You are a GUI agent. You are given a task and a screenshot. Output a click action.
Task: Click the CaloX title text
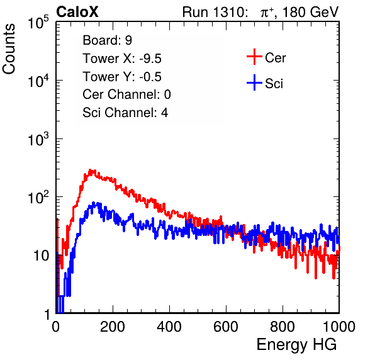77,12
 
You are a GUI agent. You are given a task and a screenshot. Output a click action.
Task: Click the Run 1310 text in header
215,12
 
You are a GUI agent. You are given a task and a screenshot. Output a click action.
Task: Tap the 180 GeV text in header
310,12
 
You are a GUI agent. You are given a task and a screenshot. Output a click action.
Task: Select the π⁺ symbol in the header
267,13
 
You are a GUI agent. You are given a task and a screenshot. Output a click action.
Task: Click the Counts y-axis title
9,49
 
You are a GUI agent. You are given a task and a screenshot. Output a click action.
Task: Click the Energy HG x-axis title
296,345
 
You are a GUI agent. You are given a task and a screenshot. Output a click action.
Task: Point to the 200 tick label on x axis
113,327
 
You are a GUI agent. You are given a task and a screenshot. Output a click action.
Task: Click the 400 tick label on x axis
169,327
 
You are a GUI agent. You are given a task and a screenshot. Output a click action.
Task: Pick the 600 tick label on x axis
226,327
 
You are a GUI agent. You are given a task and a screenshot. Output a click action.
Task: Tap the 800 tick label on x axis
283,327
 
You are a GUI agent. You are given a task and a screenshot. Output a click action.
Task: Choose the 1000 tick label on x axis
339,327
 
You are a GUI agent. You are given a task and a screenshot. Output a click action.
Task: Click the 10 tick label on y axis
41,256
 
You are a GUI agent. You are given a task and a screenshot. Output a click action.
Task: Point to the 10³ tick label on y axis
38,139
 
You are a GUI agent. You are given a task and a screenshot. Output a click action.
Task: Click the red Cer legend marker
254,57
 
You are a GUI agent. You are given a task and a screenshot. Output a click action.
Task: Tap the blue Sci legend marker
254,83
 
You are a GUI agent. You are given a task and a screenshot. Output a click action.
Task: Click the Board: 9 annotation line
107,40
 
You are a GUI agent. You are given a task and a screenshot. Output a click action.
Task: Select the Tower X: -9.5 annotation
122,59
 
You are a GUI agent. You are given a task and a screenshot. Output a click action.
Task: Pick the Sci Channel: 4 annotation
125,113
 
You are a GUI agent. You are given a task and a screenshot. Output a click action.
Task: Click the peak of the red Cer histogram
90,170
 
